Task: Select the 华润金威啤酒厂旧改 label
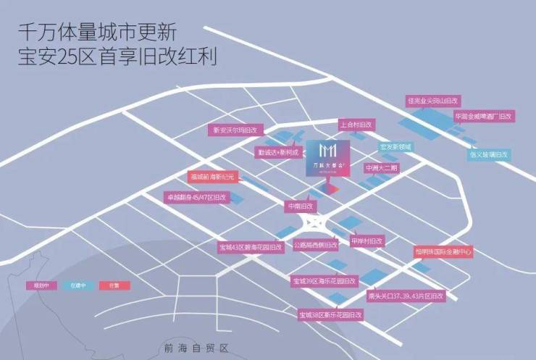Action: pos(483,116)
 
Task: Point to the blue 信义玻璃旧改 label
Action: pos(489,154)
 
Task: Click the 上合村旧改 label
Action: pos(354,125)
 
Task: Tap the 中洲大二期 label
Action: pos(382,167)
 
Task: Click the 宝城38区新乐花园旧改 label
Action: pos(334,314)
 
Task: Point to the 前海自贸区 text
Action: pos(196,346)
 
